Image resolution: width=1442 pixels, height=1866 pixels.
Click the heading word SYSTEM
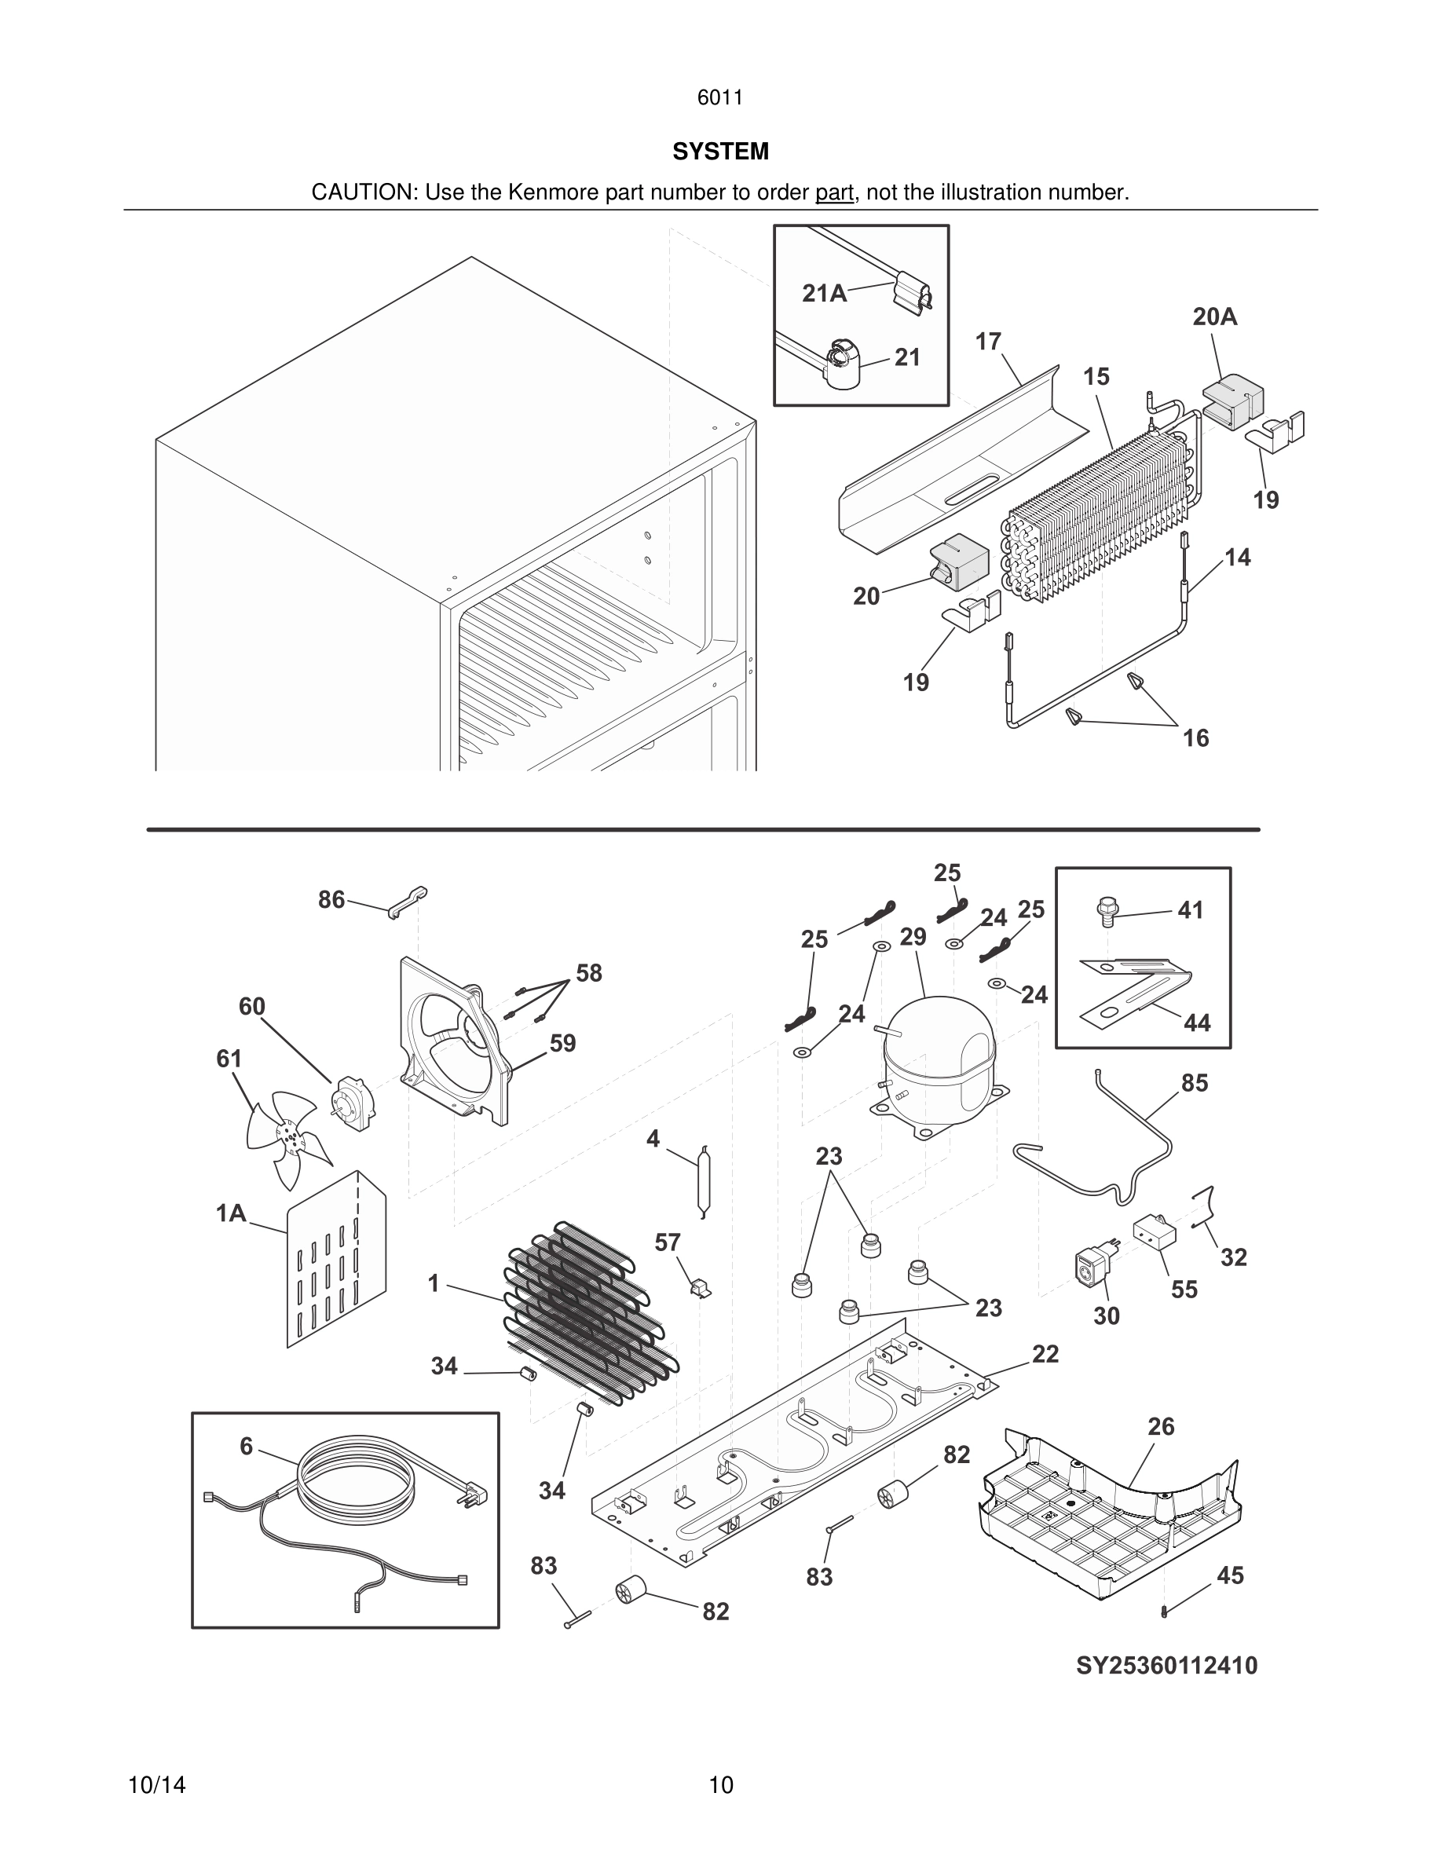(720, 152)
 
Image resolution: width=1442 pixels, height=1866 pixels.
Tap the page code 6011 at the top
(719, 97)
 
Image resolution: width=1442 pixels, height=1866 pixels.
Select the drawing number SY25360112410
(1166, 1665)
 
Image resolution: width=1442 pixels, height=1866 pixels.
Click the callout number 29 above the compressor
(913, 937)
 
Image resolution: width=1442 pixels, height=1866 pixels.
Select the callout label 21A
(825, 294)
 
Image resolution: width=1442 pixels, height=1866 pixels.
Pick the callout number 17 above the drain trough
(987, 342)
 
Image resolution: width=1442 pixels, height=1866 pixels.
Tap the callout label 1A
(231, 1213)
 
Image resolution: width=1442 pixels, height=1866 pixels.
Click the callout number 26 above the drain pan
(1161, 1426)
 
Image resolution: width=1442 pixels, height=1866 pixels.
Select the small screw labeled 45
(1165, 1612)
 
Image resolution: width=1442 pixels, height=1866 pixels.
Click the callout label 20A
(1215, 317)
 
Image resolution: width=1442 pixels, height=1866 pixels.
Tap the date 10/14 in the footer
(157, 1785)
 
